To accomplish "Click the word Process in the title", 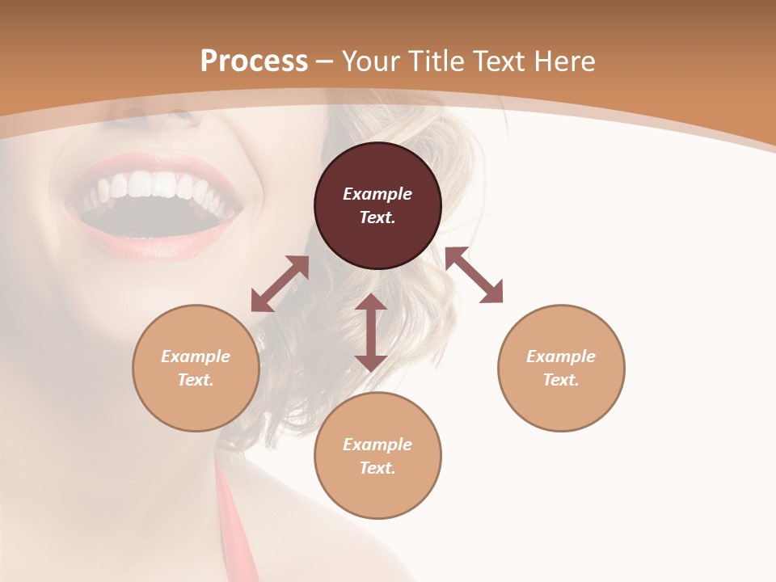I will coord(254,61).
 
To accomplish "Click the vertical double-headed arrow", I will coord(371,332).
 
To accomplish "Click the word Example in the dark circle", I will coord(377,194).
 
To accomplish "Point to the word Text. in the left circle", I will coord(196,380).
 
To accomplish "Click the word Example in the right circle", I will coord(561,356).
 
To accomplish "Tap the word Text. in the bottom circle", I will coord(377,468).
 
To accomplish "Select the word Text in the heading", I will coord(500,61).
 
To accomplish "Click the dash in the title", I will coord(324,61).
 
